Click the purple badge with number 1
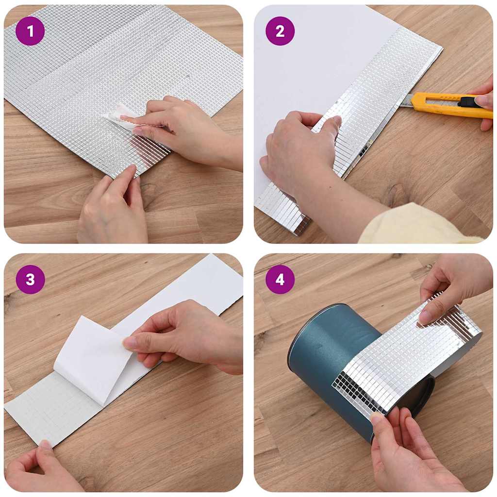30,31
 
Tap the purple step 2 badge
280,31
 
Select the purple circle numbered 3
30,280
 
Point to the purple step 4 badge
280,280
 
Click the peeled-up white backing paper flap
92,359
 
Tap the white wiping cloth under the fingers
114,116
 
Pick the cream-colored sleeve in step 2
413,226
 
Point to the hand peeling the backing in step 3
184,335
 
